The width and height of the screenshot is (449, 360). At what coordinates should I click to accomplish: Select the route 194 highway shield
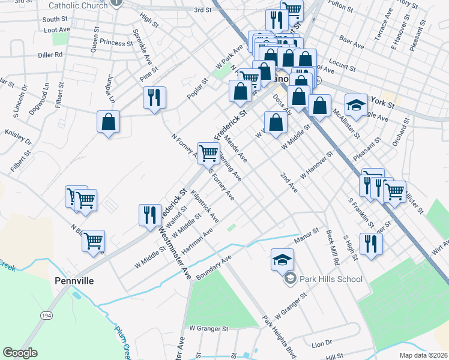(x=46, y=315)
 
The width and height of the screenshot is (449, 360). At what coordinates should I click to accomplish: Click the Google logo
(x=20, y=353)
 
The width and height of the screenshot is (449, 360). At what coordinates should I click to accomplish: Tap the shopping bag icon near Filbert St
(x=108, y=122)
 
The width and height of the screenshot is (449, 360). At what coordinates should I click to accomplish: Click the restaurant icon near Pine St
(x=154, y=98)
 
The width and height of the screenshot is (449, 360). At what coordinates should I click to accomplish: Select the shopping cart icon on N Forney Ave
(x=208, y=152)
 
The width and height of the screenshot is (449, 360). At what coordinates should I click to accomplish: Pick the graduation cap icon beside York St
(x=355, y=105)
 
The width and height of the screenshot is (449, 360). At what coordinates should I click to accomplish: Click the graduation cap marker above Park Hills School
(x=282, y=259)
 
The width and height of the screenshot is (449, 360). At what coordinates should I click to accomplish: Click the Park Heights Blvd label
(x=279, y=336)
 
